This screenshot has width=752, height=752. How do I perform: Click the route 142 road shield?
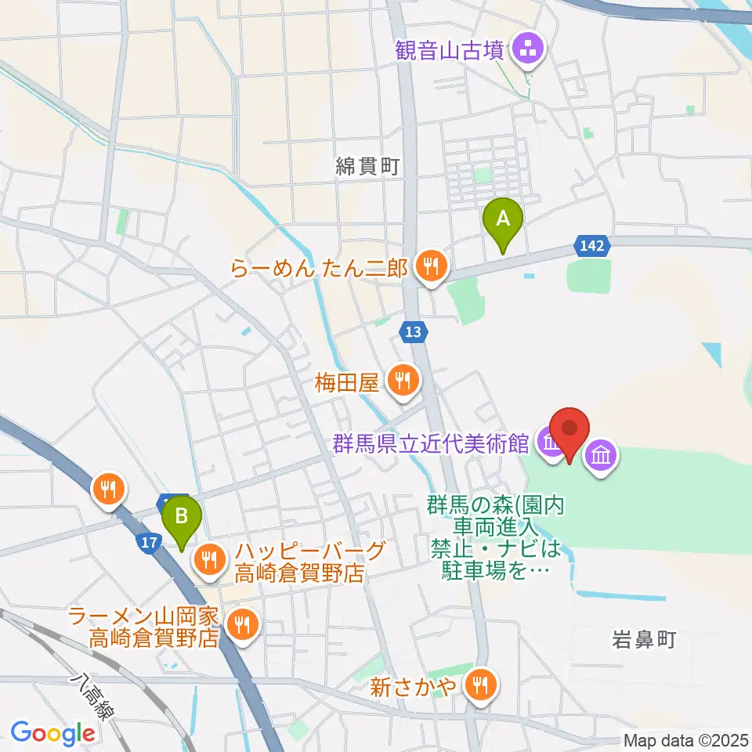[x=592, y=246]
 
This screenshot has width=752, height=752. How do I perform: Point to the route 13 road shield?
[x=413, y=332]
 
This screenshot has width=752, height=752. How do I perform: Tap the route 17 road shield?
[x=152, y=540]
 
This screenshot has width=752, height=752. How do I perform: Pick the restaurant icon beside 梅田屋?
[x=402, y=381]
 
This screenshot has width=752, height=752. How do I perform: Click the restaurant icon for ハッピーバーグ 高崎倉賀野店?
[x=209, y=559]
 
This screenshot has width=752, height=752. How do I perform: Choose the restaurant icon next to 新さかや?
[x=478, y=687]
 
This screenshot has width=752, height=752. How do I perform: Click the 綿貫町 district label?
[x=367, y=166]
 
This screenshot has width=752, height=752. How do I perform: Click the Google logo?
[x=53, y=733]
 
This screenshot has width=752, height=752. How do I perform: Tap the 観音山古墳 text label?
[x=451, y=52]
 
